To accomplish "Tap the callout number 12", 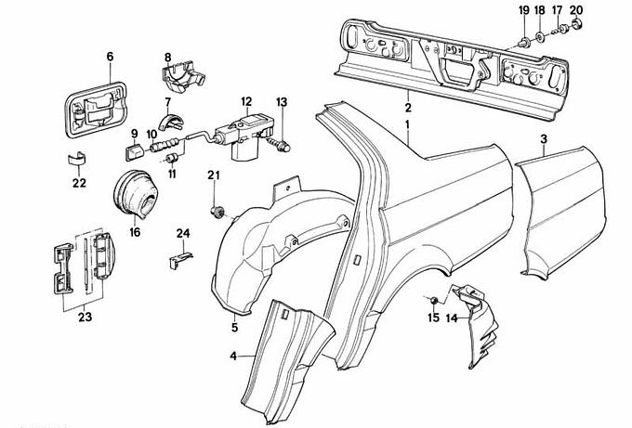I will [246, 101].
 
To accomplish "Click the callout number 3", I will [544, 138].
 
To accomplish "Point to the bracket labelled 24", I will [179, 259].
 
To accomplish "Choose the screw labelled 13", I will [285, 144].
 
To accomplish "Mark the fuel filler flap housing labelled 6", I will [93, 105].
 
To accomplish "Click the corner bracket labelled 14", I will [480, 316].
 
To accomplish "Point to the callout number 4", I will [233, 355].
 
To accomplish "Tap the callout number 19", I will [523, 10].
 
